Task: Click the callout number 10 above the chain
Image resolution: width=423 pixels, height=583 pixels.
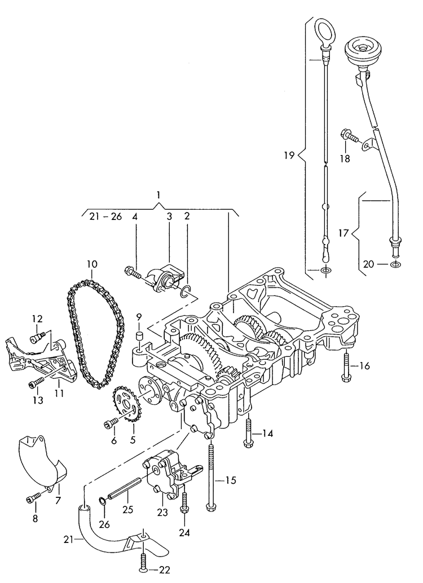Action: pos(92,264)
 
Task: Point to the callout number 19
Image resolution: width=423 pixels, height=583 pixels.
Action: pos(288,155)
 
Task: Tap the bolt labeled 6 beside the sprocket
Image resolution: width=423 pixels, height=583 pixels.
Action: pos(111,423)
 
